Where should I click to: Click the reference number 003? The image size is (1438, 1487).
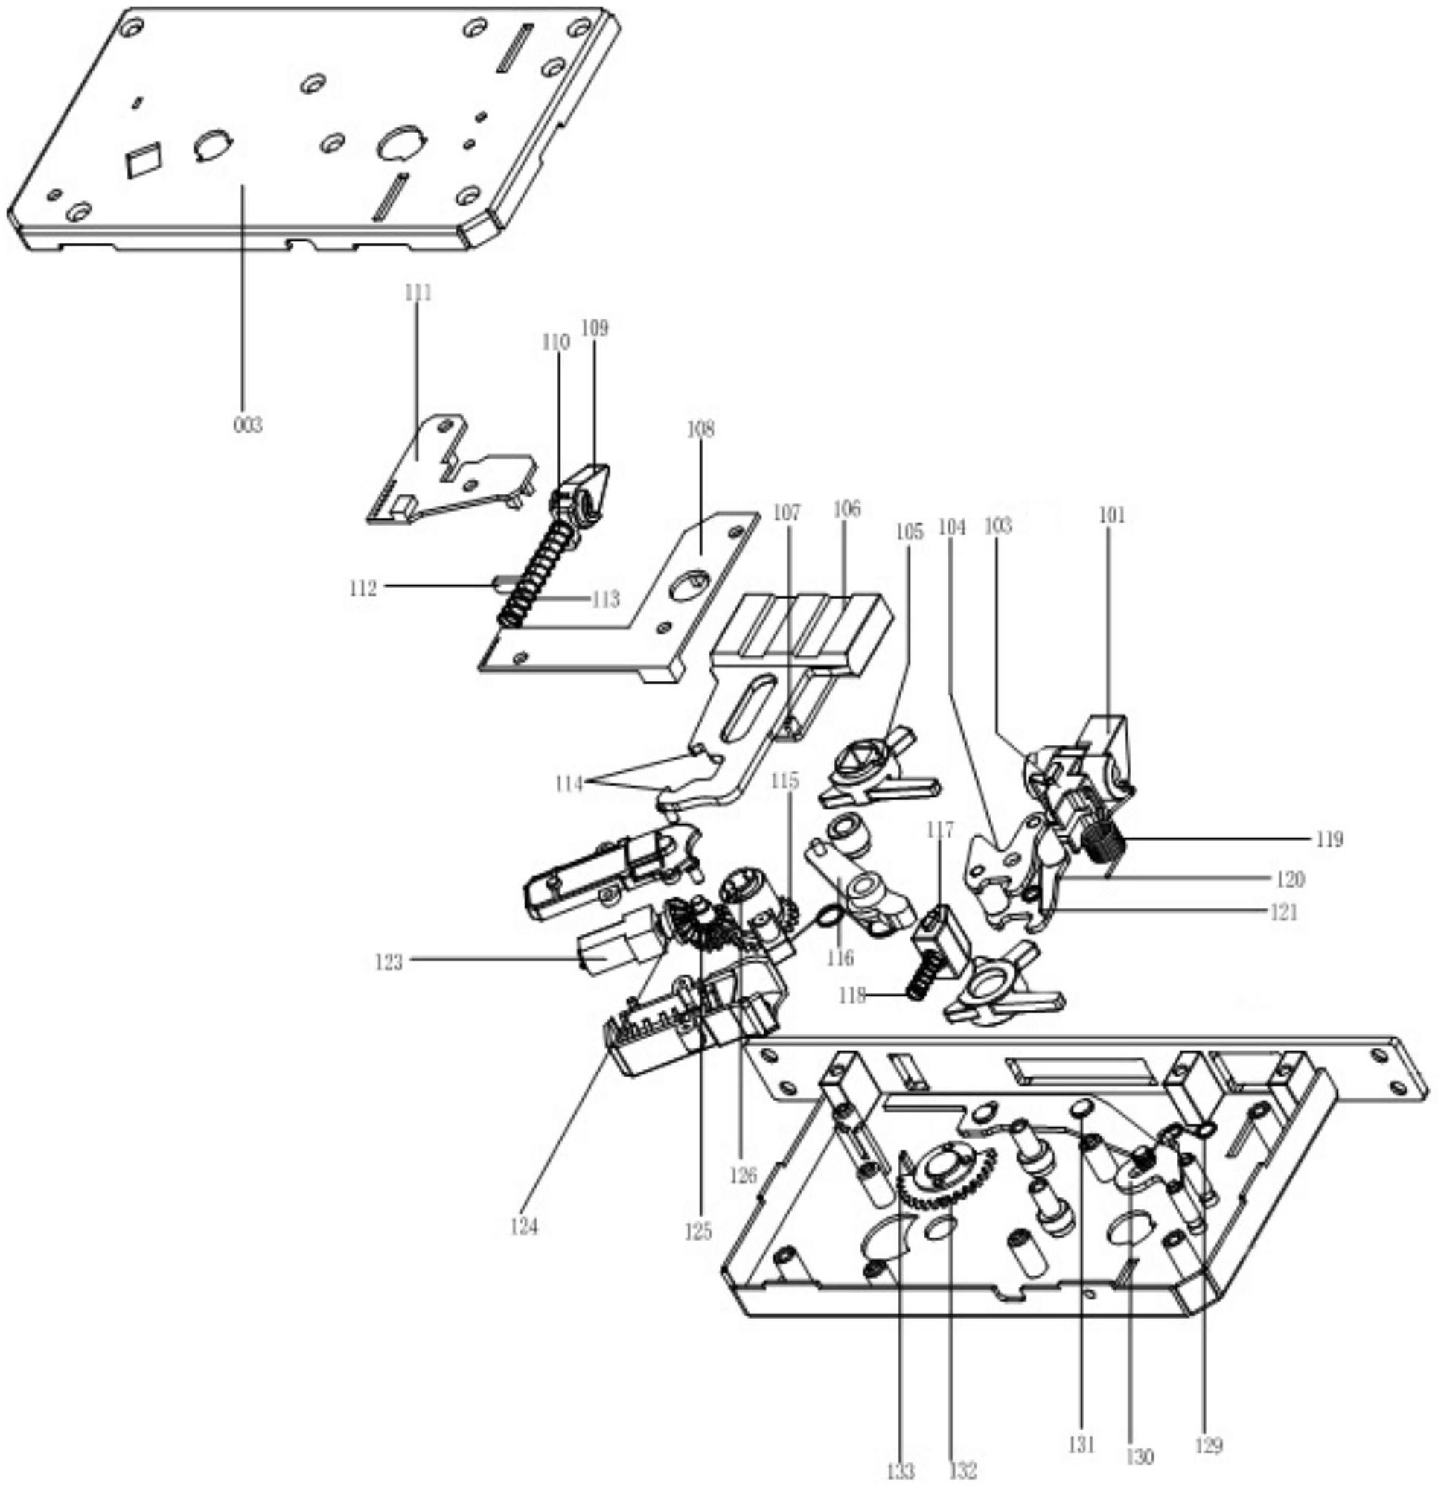[248, 425]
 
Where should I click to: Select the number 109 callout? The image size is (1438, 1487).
[595, 328]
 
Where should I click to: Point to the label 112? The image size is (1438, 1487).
[362, 588]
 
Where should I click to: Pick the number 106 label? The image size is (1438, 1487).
[846, 509]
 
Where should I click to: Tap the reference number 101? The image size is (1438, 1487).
[1112, 515]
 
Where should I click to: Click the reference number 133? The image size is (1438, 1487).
[901, 1471]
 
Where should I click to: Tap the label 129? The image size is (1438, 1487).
[1209, 1446]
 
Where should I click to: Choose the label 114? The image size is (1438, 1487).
[568, 782]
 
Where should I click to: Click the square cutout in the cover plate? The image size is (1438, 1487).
[144, 160]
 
